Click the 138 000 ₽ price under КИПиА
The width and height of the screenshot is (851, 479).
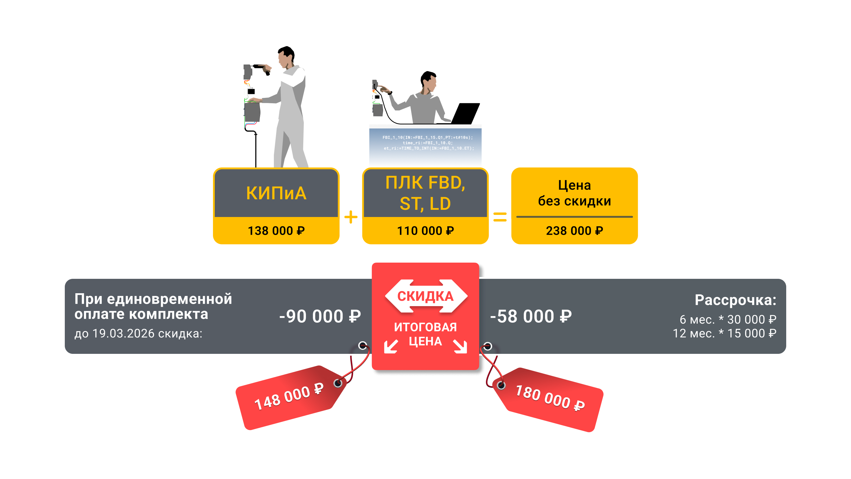(276, 231)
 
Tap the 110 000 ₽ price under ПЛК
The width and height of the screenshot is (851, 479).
(425, 231)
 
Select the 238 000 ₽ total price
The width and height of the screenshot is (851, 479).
(574, 231)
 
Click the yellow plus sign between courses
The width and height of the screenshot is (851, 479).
(351, 217)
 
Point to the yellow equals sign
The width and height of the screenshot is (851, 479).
(500, 217)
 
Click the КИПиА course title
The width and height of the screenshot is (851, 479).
(276, 193)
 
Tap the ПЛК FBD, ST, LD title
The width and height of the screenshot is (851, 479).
(425, 193)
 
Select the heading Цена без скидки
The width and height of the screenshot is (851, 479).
(574, 193)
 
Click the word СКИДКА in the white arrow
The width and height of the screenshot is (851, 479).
(425, 296)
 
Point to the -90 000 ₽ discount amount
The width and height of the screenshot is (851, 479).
(320, 316)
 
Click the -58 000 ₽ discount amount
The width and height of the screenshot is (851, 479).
(531, 316)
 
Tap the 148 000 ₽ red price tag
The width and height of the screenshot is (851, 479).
(289, 397)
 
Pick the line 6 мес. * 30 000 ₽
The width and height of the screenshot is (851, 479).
(728, 319)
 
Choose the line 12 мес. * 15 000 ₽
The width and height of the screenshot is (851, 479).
(724, 333)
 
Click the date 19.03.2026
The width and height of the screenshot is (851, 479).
(123, 333)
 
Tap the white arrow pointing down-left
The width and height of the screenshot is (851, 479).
(391, 346)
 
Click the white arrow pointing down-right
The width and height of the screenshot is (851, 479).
(460, 346)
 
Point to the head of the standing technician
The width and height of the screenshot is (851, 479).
(284, 58)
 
